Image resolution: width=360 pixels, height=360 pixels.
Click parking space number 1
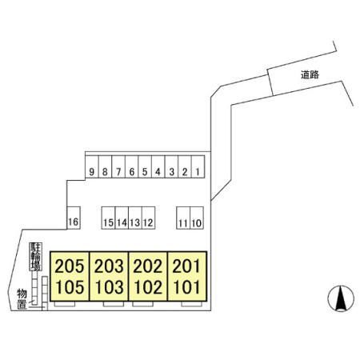tap(198, 166)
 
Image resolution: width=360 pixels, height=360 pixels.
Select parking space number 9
tap(92, 166)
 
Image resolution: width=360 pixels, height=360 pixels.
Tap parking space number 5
tap(145, 166)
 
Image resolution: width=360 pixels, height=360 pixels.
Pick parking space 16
tap(74, 218)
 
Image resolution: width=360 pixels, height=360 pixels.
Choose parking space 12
tap(149, 218)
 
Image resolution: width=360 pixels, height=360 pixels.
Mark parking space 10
tap(197, 218)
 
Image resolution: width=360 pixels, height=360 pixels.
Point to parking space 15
tap(108, 218)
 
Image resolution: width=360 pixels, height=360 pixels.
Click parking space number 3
tap(171, 166)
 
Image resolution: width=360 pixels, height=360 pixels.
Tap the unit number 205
tap(70, 266)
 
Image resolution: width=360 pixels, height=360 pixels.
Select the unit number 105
tap(70, 287)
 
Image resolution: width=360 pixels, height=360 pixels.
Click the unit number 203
tap(109, 266)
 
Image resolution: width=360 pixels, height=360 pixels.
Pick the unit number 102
tap(148, 287)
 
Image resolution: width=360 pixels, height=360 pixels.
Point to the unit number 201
tap(186, 266)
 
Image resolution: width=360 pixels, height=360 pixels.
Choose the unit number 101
tap(187, 287)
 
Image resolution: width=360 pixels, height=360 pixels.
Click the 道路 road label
tap(310, 74)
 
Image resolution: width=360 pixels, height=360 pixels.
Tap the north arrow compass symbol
tap(341, 298)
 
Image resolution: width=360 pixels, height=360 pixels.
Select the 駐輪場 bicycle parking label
tap(35, 257)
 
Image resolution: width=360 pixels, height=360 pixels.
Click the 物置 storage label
tap(22, 299)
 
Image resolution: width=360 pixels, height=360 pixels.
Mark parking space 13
tap(135, 218)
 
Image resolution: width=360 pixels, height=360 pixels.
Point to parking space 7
tap(118, 166)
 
